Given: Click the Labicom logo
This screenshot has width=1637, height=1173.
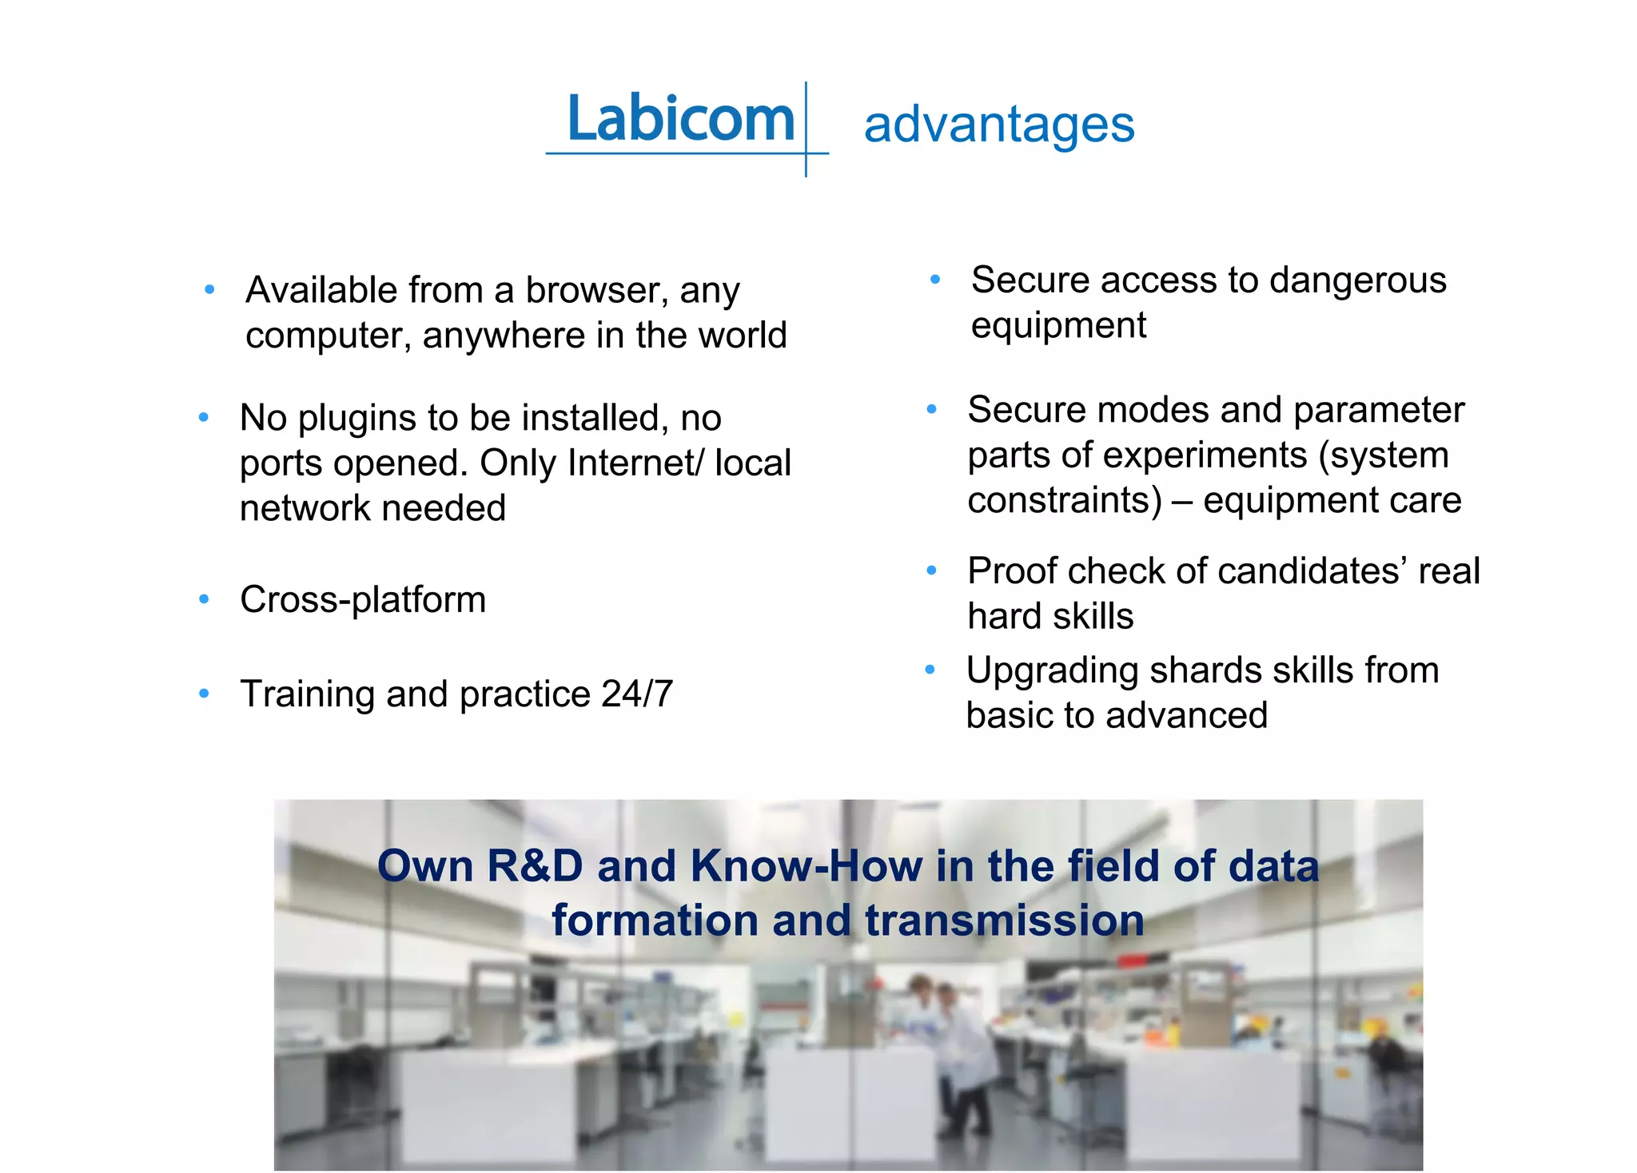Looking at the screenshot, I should pyautogui.click(x=681, y=120).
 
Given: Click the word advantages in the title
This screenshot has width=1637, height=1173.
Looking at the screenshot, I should pyautogui.click(x=999, y=125).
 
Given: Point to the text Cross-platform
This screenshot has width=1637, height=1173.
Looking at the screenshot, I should pyautogui.click(x=363, y=600).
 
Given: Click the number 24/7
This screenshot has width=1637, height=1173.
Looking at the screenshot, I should pyautogui.click(x=637, y=694).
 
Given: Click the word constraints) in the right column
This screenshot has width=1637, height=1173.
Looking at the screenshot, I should pyautogui.click(x=1065, y=501).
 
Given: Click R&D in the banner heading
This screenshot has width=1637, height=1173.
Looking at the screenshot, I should pyautogui.click(x=536, y=866).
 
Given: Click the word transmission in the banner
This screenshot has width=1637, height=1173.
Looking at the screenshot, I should pyautogui.click(x=1004, y=921).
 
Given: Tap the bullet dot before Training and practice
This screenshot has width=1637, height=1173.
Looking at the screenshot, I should pyautogui.click(x=204, y=694).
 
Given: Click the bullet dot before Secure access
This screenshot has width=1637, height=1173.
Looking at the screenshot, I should pyautogui.click(x=934, y=280).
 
